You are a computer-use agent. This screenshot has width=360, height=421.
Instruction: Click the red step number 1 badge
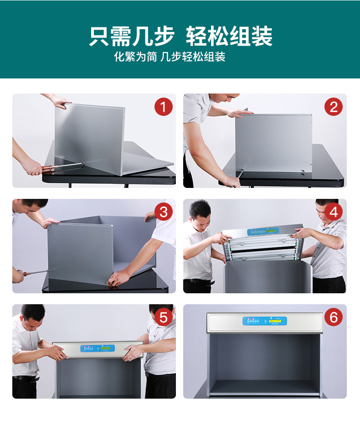[x=163, y=107]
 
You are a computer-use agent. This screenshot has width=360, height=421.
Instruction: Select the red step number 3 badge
[x=163, y=212]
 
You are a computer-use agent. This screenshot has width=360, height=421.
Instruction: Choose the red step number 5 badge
[x=163, y=317]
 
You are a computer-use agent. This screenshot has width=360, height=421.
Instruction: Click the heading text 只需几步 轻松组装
[x=180, y=36]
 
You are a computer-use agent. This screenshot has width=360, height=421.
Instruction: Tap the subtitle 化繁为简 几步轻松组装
[x=170, y=57]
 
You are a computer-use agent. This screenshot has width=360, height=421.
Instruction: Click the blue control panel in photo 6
[x=265, y=321]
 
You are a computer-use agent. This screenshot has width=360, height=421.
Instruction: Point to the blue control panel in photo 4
[x=265, y=232]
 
